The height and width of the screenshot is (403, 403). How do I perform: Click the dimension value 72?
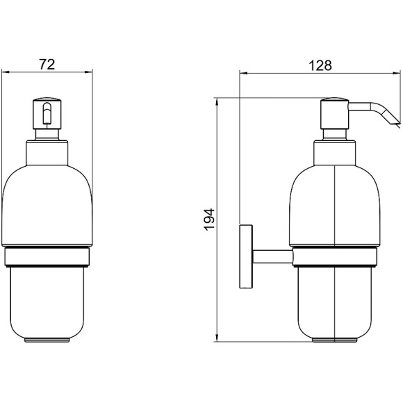point(47,64)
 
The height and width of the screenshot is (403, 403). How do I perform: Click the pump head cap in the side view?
point(334,121)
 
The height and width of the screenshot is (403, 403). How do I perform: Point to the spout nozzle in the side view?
point(390,119)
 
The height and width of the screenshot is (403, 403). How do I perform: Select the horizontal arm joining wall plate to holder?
point(271,256)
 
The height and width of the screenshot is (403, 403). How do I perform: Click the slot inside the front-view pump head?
point(47,114)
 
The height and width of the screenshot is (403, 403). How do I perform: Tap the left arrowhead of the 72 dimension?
point(5,71)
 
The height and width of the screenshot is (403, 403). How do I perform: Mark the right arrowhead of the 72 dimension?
point(90,71)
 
